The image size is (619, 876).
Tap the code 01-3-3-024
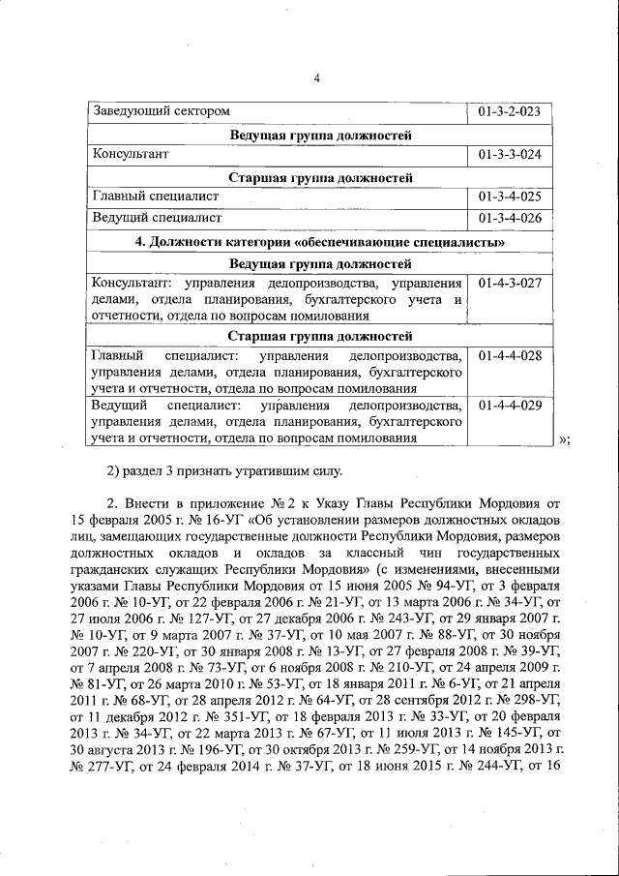tap(509, 154)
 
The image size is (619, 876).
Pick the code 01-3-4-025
tap(509, 196)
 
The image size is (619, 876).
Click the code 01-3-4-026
tap(509, 218)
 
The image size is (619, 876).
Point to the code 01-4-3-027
tap(509, 283)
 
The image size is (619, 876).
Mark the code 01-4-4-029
tap(509, 405)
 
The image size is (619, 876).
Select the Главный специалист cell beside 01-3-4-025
tap(155, 196)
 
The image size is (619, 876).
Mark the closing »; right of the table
tap(565, 438)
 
